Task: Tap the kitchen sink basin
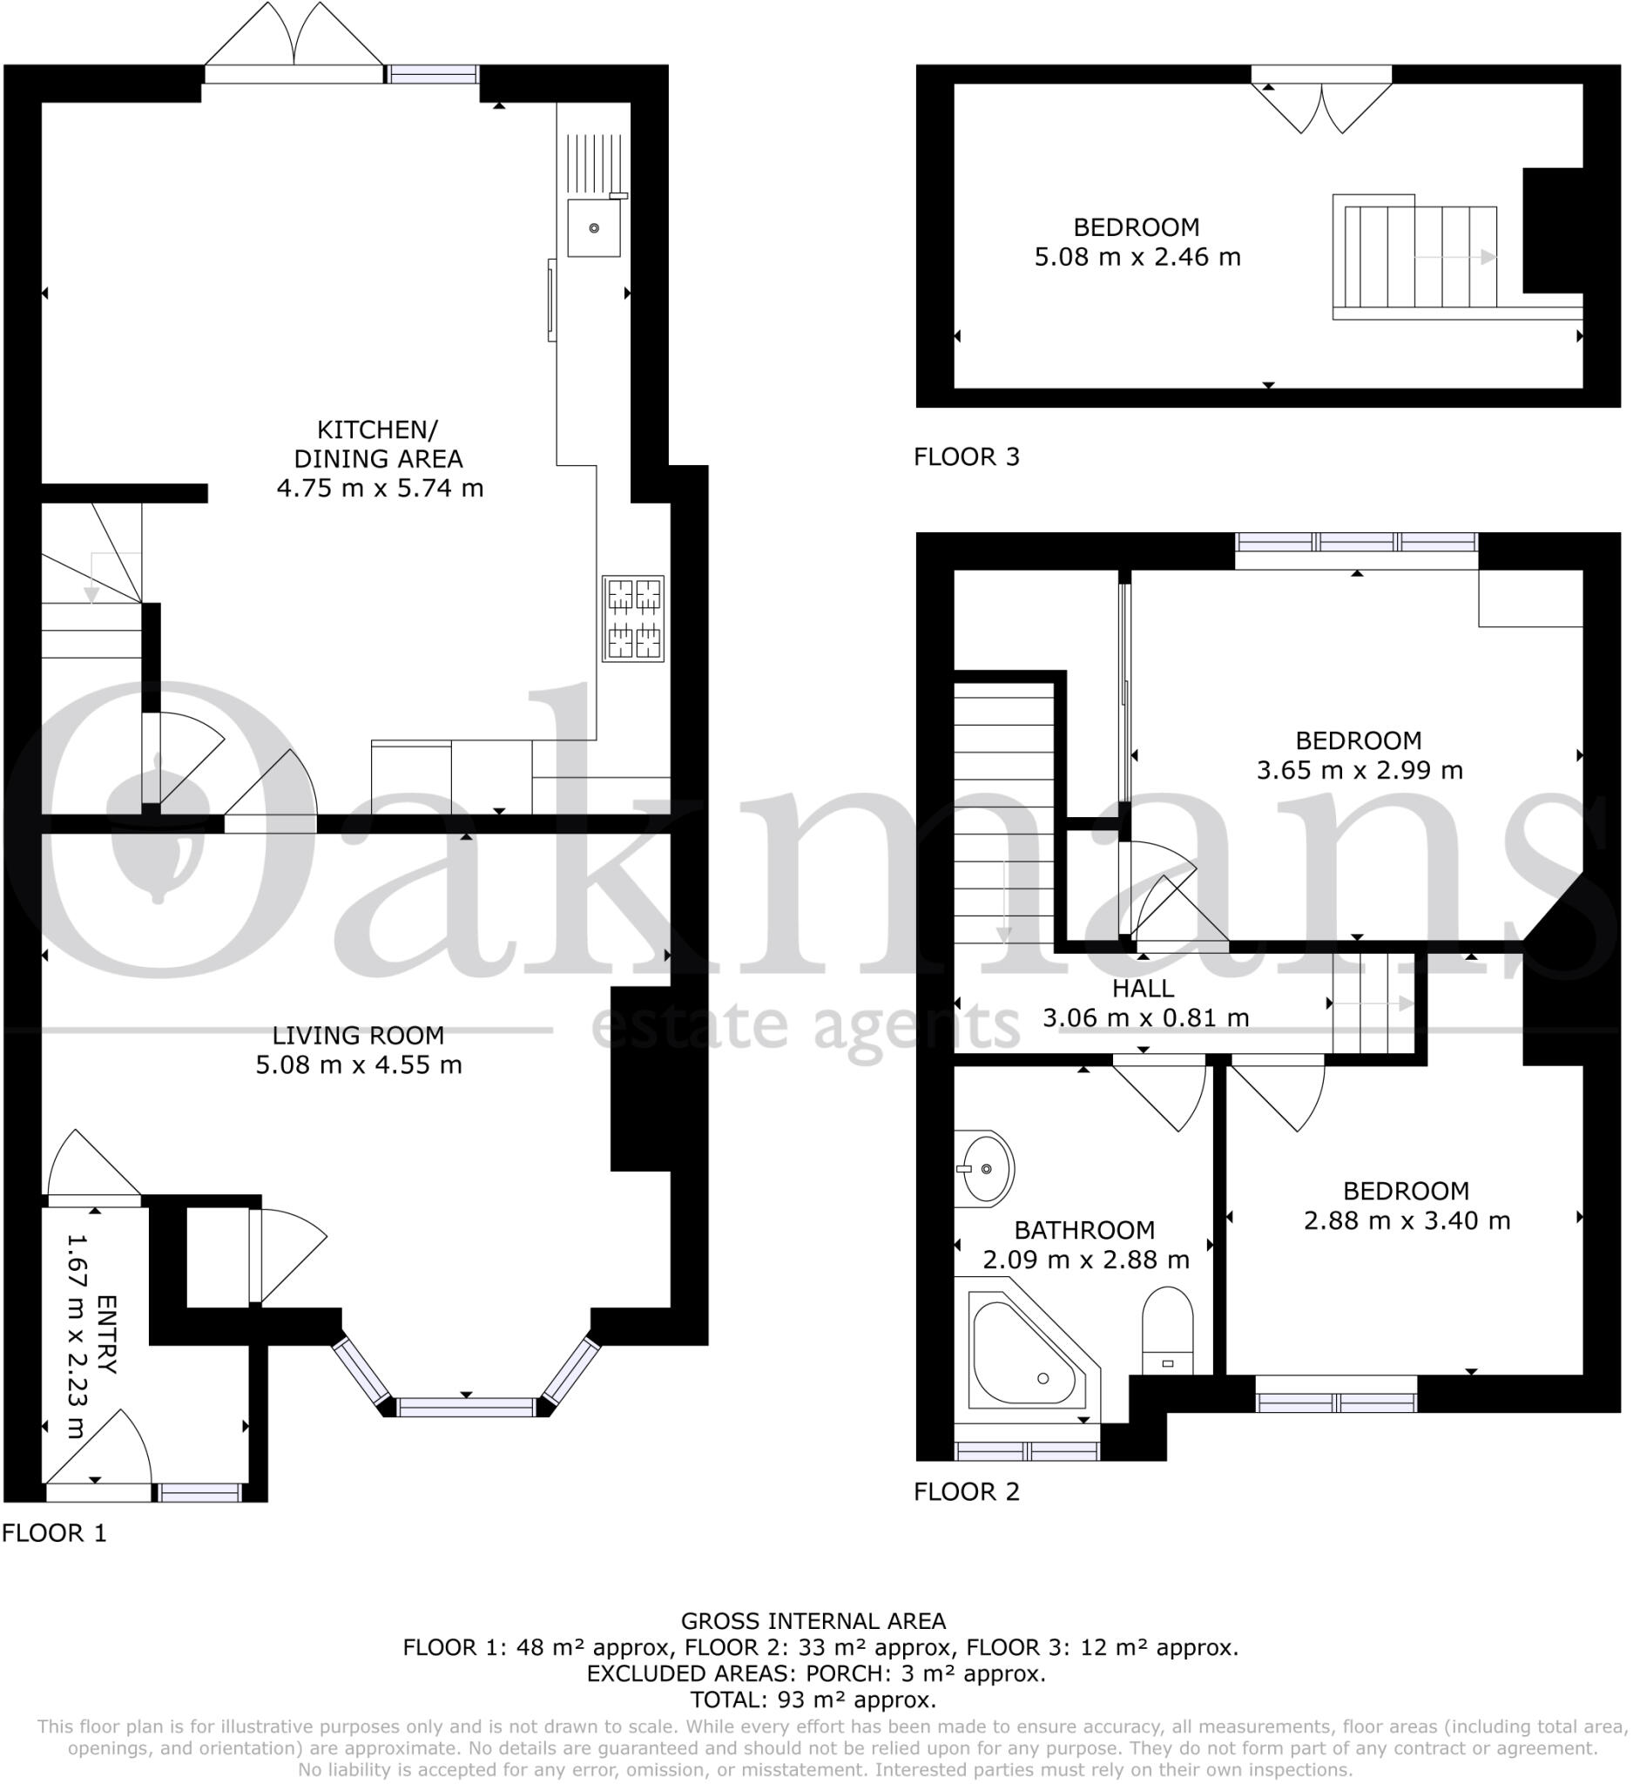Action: [594, 227]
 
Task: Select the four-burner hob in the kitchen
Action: [633, 618]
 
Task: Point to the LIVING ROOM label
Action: [358, 1036]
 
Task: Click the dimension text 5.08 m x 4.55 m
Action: [358, 1064]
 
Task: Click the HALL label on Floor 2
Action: [1143, 989]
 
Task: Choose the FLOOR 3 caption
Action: [966, 457]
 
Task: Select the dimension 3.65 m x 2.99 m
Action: [1359, 770]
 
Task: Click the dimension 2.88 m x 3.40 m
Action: [1407, 1221]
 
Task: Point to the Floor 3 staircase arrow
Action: [1456, 258]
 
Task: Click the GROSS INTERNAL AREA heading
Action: [813, 1621]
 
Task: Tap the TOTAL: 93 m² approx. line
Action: [813, 1700]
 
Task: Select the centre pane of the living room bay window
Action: [466, 1407]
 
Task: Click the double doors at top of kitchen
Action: [294, 44]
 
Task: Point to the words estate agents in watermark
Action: [806, 1026]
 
